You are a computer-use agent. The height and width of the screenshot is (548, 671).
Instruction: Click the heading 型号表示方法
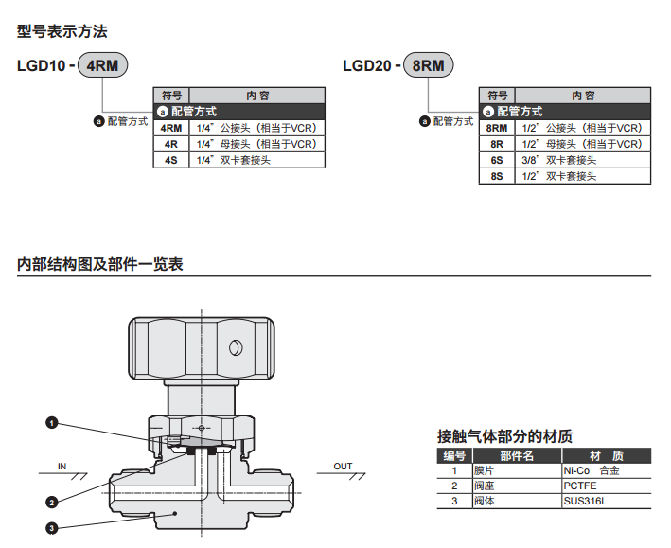coord(62,31)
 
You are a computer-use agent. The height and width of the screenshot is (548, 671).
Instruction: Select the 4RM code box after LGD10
coord(101,66)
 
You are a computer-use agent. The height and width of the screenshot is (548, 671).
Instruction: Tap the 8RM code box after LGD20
coord(428,66)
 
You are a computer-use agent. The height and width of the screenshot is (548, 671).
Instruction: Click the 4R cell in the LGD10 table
coord(171,144)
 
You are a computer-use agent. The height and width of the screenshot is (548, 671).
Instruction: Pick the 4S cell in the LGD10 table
coord(171,160)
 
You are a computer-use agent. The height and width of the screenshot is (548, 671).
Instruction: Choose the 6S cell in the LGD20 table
coord(497,160)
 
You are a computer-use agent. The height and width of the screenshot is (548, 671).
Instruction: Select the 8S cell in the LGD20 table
coord(497,176)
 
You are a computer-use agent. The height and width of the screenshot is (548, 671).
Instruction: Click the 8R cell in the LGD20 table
coord(497,144)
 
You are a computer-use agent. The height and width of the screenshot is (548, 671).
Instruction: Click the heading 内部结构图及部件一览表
coord(100,264)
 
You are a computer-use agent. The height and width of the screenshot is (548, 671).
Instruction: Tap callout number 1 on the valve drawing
coord(52,422)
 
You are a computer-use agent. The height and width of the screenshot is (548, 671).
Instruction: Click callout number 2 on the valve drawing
coord(52,502)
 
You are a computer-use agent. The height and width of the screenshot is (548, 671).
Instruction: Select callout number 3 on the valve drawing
coord(52,528)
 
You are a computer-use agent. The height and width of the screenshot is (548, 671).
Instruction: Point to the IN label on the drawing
coord(62,466)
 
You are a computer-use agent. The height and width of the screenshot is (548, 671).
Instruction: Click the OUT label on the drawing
coord(343,466)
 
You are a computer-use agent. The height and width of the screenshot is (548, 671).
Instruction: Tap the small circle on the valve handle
coord(233,348)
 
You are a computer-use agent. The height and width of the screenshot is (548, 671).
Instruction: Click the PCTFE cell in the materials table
coord(580,486)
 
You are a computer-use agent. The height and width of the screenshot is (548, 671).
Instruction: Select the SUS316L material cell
coord(585,501)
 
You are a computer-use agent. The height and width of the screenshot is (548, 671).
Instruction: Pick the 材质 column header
coord(606,456)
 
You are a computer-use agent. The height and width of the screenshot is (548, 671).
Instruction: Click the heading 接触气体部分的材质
coord(504,436)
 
